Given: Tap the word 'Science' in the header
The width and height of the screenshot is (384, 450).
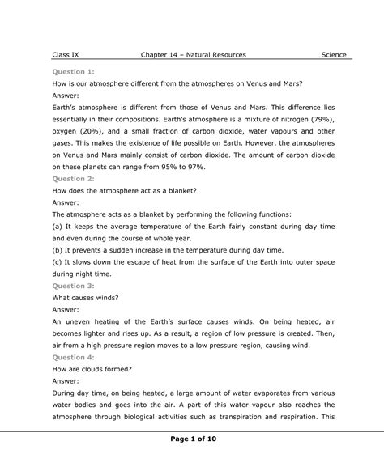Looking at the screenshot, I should (x=334, y=55).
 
